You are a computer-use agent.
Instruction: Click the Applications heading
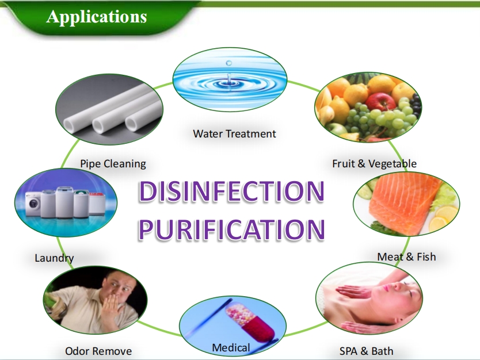pos(97,17)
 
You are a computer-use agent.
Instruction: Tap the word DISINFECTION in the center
pos(231,192)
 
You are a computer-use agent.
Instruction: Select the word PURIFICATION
pos(232,229)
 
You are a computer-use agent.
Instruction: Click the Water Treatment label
pos(234,133)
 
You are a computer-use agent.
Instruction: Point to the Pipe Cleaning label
pos(113,164)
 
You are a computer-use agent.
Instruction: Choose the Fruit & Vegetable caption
pos(374,164)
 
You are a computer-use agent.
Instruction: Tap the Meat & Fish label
pos(406,256)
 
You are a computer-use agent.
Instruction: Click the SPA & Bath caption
pos(367,351)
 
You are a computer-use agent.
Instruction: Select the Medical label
pos(231,348)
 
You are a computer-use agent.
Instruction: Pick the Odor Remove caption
pos(98,351)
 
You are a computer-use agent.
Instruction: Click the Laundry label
pos(54,258)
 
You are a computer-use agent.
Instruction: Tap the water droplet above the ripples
pos(228,63)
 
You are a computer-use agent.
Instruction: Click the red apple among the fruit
pos(381,102)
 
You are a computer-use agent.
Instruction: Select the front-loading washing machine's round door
pos(34,204)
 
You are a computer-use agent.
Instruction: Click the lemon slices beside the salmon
pos(444,217)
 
